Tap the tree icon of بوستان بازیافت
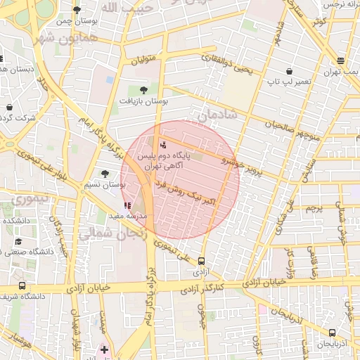click(x=143, y=90)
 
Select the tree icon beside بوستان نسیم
click(x=105, y=173)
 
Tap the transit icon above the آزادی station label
click(x=202, y=261)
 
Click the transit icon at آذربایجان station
click(x=332, y=333)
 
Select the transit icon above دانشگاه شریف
click(x=22, y=286)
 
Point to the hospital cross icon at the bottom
click(x=105, y=349)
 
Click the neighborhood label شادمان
click(x=218, y=114)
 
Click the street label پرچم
click(x=314, y=208)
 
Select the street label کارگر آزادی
click(x=201, y=288)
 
